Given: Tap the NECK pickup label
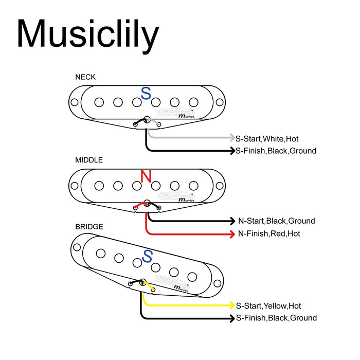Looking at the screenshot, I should click(x=85, y=77).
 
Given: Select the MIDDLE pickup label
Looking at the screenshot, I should click(x=89, y=160).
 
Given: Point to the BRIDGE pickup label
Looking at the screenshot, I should click(x=89, y=226).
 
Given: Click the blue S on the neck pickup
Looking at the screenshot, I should click(x=147, y=94).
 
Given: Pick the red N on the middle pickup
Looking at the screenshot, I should click(x=147, y=177).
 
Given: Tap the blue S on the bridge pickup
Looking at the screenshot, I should click(x=148, y=256).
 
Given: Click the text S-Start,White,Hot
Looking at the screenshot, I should click(x=267, y=138).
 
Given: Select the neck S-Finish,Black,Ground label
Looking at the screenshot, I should click(x=276, y=151).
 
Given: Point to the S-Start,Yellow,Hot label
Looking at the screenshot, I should click(x=268, y=305).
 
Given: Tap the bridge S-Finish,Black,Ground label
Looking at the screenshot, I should click(x=276, y=318).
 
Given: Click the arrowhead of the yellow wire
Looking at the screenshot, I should click(x=231, y=305).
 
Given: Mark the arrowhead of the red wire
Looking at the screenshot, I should click(x=231, y=234).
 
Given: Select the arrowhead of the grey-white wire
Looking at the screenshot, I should click(x=231, y=138).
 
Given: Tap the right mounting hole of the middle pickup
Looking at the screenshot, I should click(x=220, y=186).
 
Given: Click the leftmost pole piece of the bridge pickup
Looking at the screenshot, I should click(x=101, y=253).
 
